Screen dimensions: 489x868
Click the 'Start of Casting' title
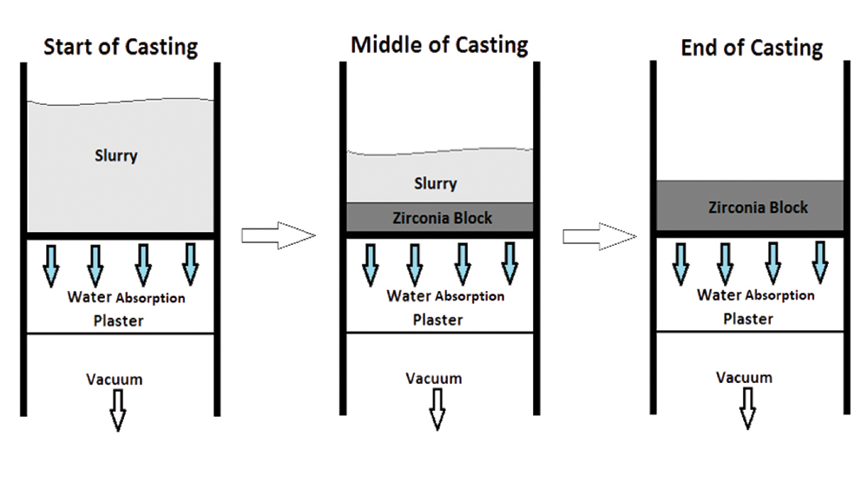tap(121, 46)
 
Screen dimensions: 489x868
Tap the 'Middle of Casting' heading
tap(439, 44)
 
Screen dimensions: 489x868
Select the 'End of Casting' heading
tap(752, 48)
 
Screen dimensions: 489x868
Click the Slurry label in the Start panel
tap(116, 156)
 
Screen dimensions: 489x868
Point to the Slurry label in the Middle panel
tap(436, 183)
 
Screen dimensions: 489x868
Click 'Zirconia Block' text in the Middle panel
tap(443, 217)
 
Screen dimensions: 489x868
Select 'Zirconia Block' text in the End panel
tap(758, 207)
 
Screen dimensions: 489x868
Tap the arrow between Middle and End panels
tap(596, 235)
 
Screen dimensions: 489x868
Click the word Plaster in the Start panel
tap(118, 320)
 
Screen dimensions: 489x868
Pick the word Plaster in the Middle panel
tap(437, 319)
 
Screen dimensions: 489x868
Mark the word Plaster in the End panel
tap(748, 318)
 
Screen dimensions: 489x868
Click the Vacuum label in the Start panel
tap(115, 379)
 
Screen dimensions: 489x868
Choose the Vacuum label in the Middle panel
tap(434, 379)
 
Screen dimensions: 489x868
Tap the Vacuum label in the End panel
tap(744, 378)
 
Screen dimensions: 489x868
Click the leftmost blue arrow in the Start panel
tap(50, 262)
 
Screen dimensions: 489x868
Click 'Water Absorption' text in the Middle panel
tap(445, 296)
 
